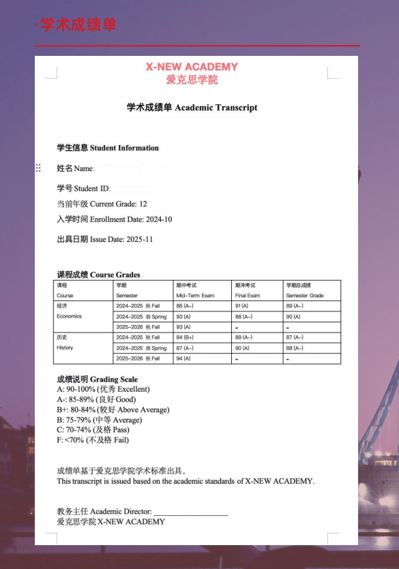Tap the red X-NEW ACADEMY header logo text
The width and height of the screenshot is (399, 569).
click(192, 67)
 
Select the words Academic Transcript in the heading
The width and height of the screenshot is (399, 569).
click(216, 108)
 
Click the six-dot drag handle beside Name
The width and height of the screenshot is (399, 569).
click(38, 168)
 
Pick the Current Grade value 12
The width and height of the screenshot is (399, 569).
click(143, 204)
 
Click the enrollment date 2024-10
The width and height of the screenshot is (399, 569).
click(159, 219)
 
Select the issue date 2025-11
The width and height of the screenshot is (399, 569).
click(140, 240)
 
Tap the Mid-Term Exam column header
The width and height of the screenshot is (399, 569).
click(195, 296)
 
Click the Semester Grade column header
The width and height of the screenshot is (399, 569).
click(305, 296)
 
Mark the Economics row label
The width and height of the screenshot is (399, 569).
click(69, 316)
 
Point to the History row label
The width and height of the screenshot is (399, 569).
click(65, 348)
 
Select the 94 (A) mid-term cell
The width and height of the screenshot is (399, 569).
click(183, 358)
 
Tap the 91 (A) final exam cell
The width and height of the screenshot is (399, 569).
click(242, 306)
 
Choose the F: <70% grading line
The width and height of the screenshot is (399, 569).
click(93, 440)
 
